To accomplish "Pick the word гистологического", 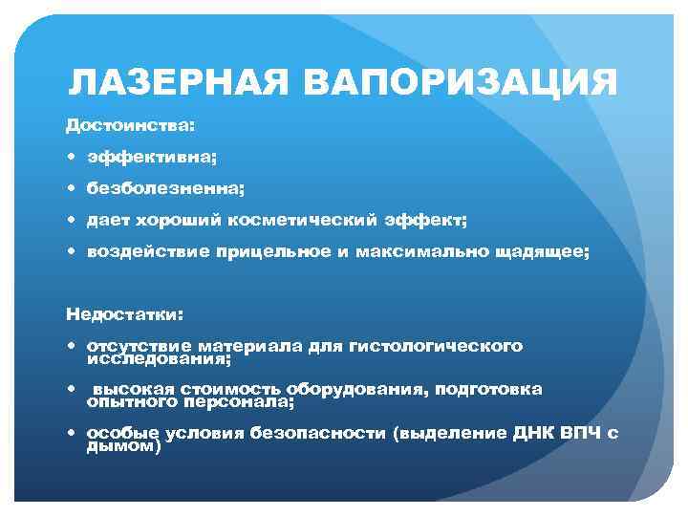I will tap(437, 345).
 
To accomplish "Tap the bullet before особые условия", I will tap(73, 433).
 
